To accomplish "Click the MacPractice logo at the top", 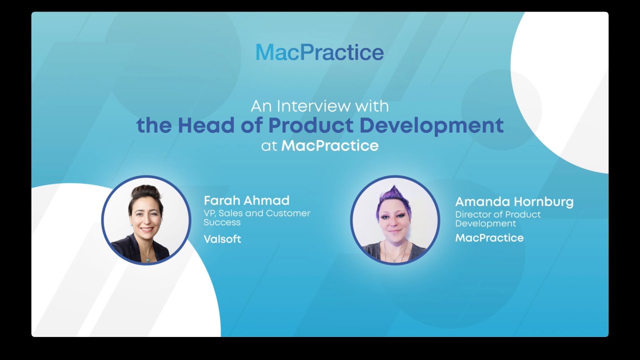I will [x=319, y=52].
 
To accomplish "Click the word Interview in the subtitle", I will [x=307, y=106].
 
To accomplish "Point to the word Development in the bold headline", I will [x=431, y=125].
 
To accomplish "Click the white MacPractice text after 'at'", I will [x=330, y=146].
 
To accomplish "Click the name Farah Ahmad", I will [x=246, y=200].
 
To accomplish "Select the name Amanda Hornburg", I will [x=514, y=202].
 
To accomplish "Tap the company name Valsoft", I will [x=222, y=239].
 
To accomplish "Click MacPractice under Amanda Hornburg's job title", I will [x=489, y=238].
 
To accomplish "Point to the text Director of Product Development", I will [x=497, y=219].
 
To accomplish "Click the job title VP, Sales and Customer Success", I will [x=256, y=217].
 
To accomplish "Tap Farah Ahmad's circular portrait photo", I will [x=146, y=220].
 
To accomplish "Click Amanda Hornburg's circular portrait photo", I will [x=395, y=220].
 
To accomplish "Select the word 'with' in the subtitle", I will [x=371, y=106].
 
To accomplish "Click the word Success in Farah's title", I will [x=222, y=222].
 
